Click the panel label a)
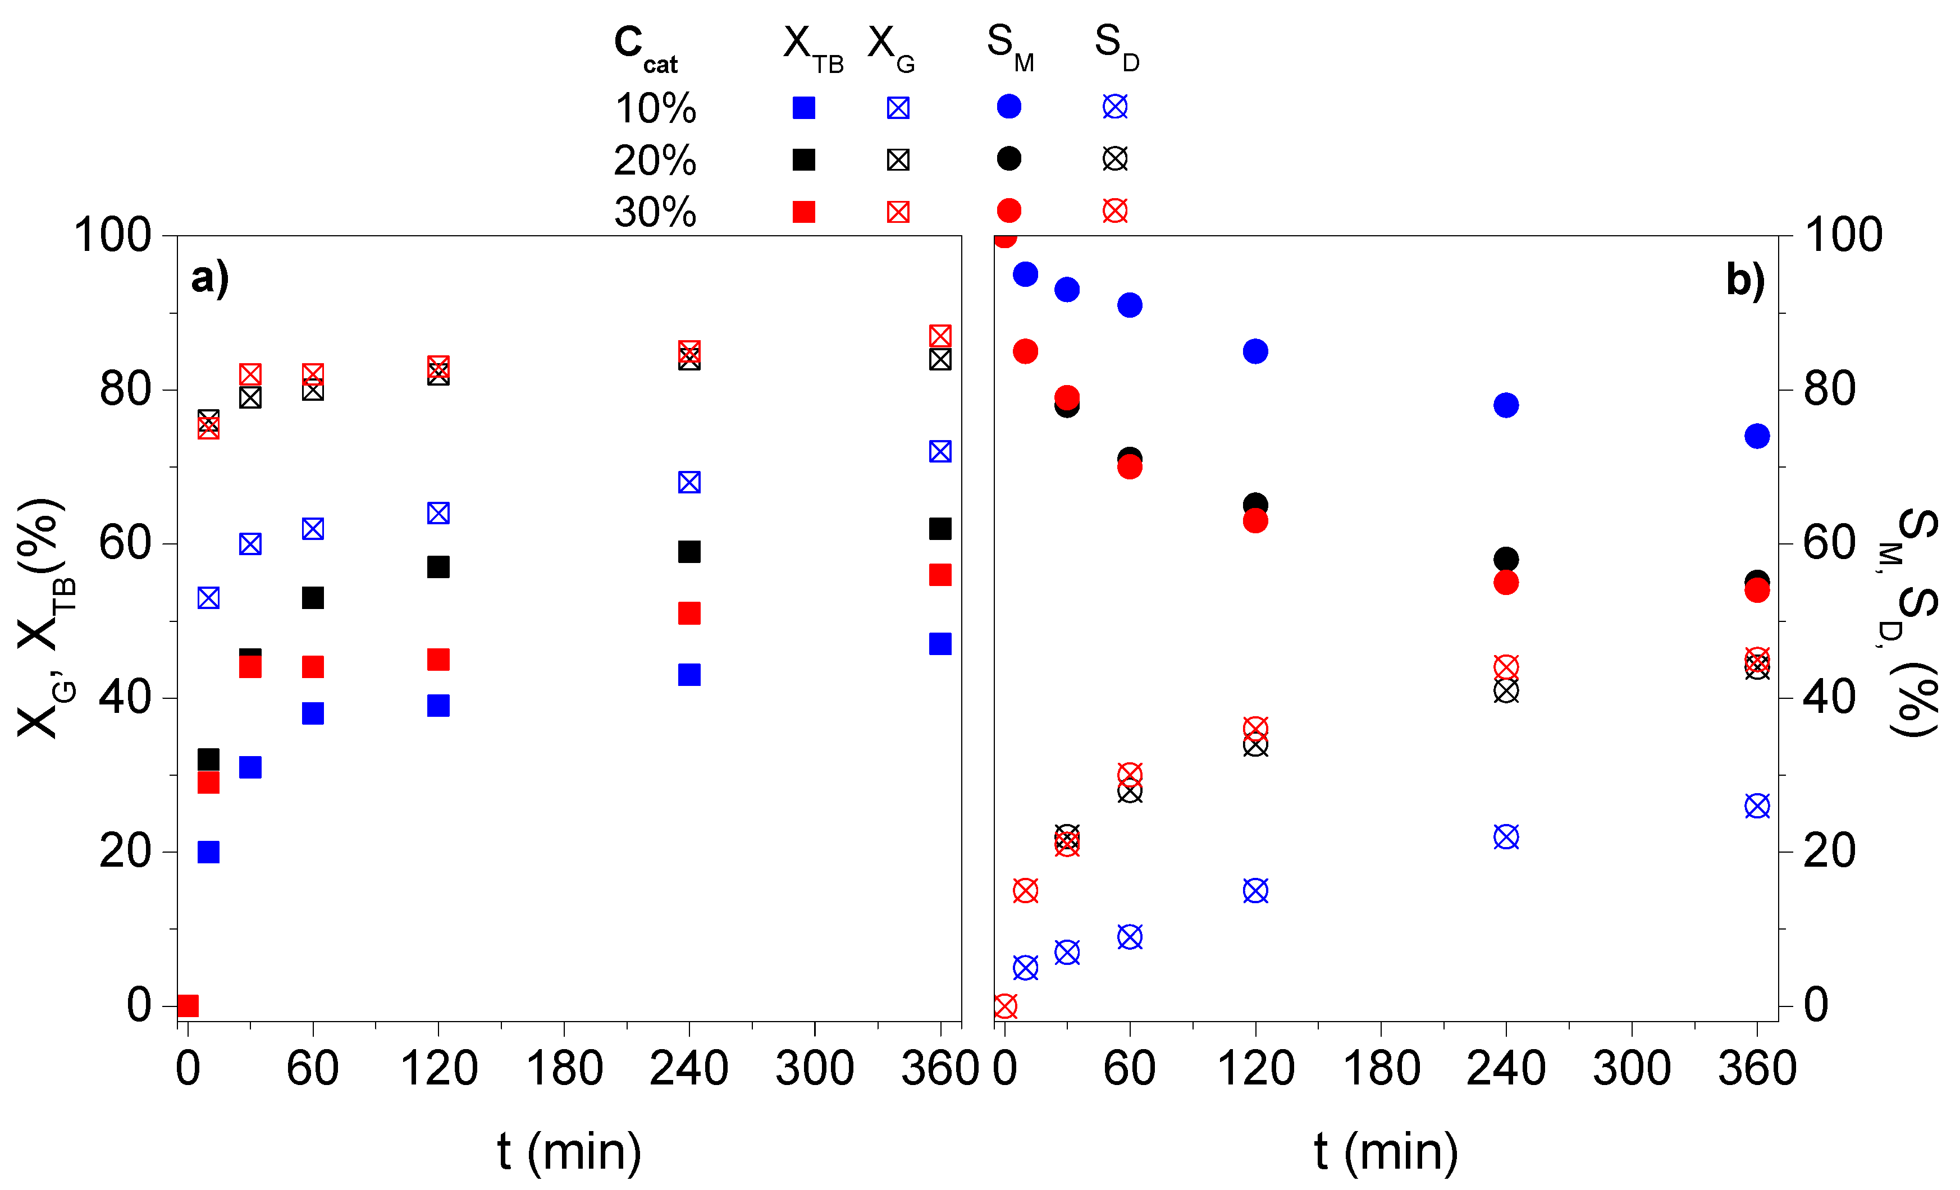click(210, 278)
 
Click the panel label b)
click(1744, 280)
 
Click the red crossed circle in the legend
click(1114, 211)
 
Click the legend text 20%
click(654, 161)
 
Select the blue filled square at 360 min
click(939, 643)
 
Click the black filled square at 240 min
click(689, 551)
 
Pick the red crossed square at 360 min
click(939, 336)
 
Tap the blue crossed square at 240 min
click(689, 482)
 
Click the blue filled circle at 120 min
click(1254, 351)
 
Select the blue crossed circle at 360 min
click(1756, 806)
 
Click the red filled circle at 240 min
click(1505, 582)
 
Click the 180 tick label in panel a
click(564, 1068)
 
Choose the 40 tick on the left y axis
click(125, 698)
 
